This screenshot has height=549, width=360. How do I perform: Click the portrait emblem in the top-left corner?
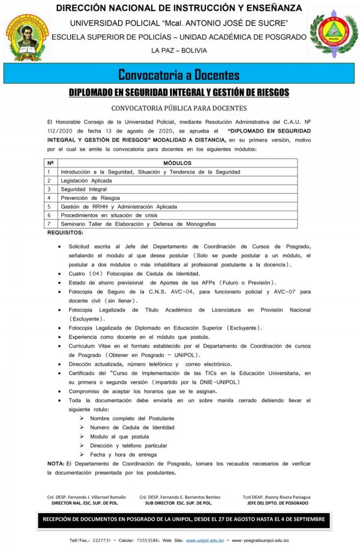click(27, 37)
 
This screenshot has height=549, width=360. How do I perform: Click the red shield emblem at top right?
click(333, 37)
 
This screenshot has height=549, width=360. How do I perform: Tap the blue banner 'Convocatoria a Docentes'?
click(179, 75)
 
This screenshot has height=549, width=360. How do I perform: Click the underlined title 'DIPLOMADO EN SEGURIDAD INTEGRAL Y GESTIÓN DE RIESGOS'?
click(179, 92)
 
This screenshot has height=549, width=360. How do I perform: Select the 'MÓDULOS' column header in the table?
click(177, 163)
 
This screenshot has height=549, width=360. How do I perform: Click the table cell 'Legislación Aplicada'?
click(86, 180)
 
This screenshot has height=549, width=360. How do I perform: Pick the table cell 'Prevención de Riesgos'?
click(90, 197)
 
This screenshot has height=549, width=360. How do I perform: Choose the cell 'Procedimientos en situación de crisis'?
click(109, 215)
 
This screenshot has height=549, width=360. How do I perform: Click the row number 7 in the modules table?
click(49, 223)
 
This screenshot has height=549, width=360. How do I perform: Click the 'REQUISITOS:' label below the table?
click(65, 232)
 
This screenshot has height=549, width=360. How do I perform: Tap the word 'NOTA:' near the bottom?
click(56, 463)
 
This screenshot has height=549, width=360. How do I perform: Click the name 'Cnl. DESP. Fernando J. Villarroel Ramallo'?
click(86, 497)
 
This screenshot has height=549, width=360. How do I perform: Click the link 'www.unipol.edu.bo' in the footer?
click(205, 540)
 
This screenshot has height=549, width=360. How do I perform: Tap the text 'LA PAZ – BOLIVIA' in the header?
click(179, 50)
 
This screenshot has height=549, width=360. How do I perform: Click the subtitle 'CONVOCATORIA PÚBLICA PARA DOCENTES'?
click(179, 109)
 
